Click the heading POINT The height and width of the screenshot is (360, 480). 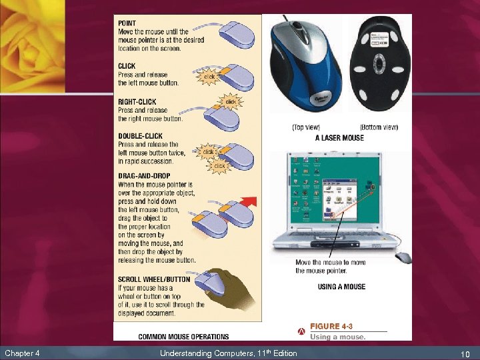point(127,23)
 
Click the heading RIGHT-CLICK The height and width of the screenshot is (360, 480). point(137,102)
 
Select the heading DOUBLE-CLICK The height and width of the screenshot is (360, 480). point(140,136)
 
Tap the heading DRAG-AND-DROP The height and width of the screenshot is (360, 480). point(143,176)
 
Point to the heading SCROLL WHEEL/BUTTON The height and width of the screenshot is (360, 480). point(154,279)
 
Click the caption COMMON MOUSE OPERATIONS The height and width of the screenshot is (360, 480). point(183,337)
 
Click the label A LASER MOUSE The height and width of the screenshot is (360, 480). point(339,138)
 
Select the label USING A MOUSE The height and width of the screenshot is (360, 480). point(341,287)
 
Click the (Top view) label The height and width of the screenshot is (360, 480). point(306,127)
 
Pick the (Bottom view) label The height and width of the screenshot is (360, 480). point(379,127)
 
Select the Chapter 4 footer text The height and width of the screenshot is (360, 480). point(22,353)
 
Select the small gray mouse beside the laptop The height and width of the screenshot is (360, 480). point(404,257)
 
